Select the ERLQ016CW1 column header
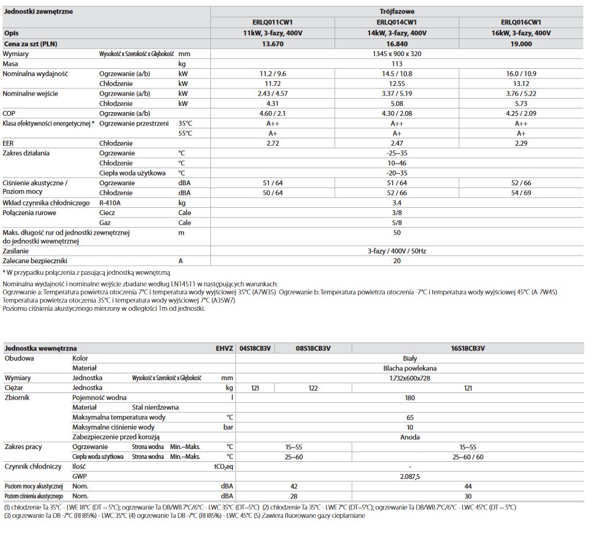[521, 22]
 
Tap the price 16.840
[397, 43]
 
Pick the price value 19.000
[521, 43]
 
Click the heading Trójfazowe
[396, 11]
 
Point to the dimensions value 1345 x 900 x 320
[397, 54]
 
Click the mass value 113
[397, 63]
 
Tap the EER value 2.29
[521, 143]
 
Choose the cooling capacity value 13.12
[521, 83]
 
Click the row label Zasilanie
[17, 250]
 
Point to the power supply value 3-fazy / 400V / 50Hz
[397, 250]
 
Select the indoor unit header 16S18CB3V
[467, 348]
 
